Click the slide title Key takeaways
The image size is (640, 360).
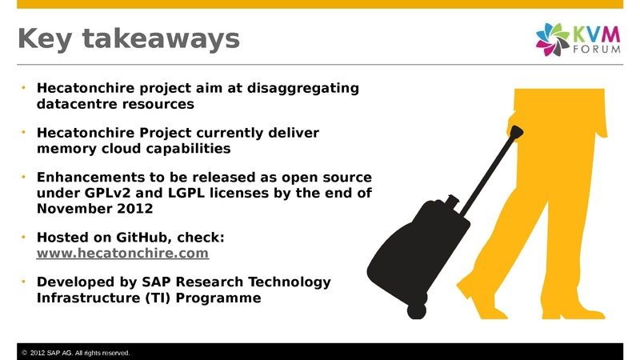[x=129, y=39]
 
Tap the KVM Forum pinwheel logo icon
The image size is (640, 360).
[x=553, y=39]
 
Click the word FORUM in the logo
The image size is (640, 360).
[x=597, y=50]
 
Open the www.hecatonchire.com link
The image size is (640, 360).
[x=122, y=253]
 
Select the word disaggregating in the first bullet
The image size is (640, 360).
[x=303, y=88]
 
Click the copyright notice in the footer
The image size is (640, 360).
[x=75, y=353]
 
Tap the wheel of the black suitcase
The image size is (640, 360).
[x=416, y=311]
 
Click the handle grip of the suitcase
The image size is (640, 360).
[x=516, y=132]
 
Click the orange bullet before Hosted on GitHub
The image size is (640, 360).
[x=24, y=236]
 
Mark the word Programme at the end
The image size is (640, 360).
[x=218, y=298]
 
